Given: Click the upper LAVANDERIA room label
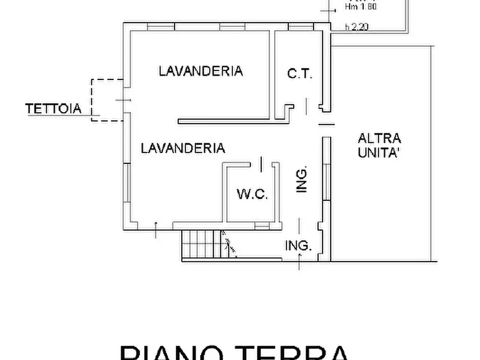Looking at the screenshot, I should (x=200, y=70).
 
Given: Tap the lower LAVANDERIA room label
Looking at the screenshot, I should (x=183, y=148).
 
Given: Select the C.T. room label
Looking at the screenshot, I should (x=299, y=74).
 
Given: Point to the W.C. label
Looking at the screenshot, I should (x=253, y=194).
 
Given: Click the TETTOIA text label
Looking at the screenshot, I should (x=54, y=109).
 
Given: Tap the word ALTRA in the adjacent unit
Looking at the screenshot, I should (x=379, y=138).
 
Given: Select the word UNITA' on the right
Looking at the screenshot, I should (x=379, y=153).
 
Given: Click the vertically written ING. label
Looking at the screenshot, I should (x=302, y=179).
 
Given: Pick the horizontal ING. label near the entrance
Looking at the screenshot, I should (x=298, y=246).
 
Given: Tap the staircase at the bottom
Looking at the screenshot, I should (x=203, y=243).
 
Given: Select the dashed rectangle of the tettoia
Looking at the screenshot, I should (x=106, y=100).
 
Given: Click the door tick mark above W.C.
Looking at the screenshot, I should (x=261, y=163).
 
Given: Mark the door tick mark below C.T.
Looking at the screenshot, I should (x=306, y=106).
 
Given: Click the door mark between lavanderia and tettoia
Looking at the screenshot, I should (x=124, y=100).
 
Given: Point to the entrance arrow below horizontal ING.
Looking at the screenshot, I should (x=300, y=263).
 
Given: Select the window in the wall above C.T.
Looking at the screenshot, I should (x=296, y=27).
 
